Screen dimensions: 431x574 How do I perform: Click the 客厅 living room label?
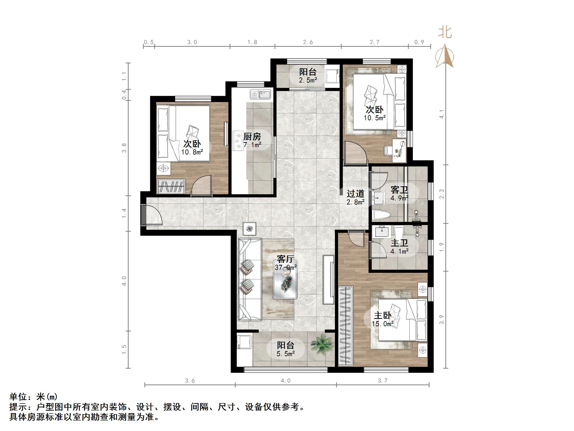click(285, 259)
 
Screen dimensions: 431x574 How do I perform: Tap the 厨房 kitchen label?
click(252, 136)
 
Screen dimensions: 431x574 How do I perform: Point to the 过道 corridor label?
click(355, 194)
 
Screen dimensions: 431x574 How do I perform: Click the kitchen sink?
click(260, 94)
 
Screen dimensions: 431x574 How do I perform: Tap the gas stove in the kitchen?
click(237, 141)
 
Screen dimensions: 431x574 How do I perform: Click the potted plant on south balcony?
click(322, 344)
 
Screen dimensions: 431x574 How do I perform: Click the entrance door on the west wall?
click(144, 214)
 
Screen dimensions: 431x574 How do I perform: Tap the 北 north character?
click(445, 32)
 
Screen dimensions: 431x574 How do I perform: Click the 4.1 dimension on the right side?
click(442, 114)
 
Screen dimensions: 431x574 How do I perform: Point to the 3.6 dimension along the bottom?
click(190, 381)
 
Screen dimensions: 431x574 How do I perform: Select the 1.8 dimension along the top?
click(252, 42)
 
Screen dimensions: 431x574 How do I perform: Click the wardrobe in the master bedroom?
click(346, 326)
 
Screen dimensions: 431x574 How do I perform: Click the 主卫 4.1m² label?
click(399, 247)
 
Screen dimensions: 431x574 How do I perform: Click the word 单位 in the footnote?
click(18, 397)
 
